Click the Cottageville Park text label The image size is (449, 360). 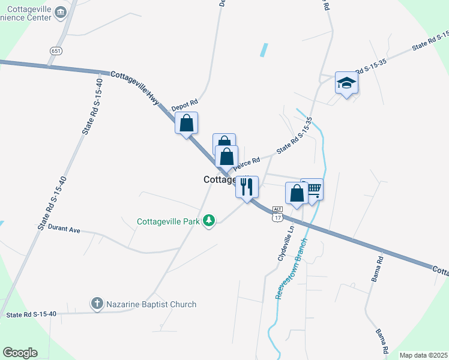tap(168, 221)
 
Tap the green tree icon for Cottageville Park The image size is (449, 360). tap(209, 221)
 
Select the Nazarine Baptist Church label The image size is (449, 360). tap(151, 304)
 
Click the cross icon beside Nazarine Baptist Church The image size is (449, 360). tap(97, 304)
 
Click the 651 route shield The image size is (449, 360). tap(56, 51)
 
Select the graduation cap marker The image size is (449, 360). tap(346, 83)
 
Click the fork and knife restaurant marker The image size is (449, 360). tap(247, 187)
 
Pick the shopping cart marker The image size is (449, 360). tap(313, 189)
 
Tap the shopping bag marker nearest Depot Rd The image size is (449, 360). tap(187, 124)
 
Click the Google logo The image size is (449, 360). tap(20, 353)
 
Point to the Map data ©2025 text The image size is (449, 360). tap(423, 355)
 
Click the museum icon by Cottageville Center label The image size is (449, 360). tap(61, 12)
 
